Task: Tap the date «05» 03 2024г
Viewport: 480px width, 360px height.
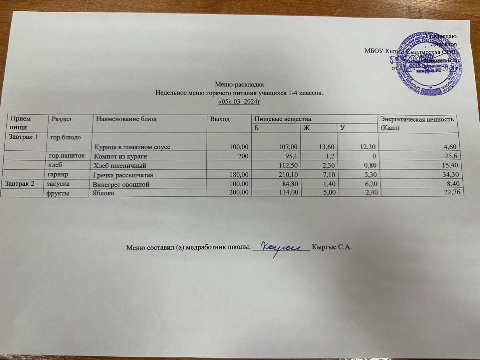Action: click(x=240, y=101)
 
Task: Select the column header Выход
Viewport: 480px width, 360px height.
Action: click(x=220, y=119)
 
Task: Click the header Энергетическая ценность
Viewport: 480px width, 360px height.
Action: click(x=417, y=119)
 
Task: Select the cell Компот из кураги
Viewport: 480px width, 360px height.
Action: click(x=116, y=156)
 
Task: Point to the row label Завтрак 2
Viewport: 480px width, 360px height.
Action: click(x=19, y=184)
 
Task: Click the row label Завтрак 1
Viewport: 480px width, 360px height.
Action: click(x=21, y=137)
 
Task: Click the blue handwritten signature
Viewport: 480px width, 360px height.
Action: click(x=282, y=246)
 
